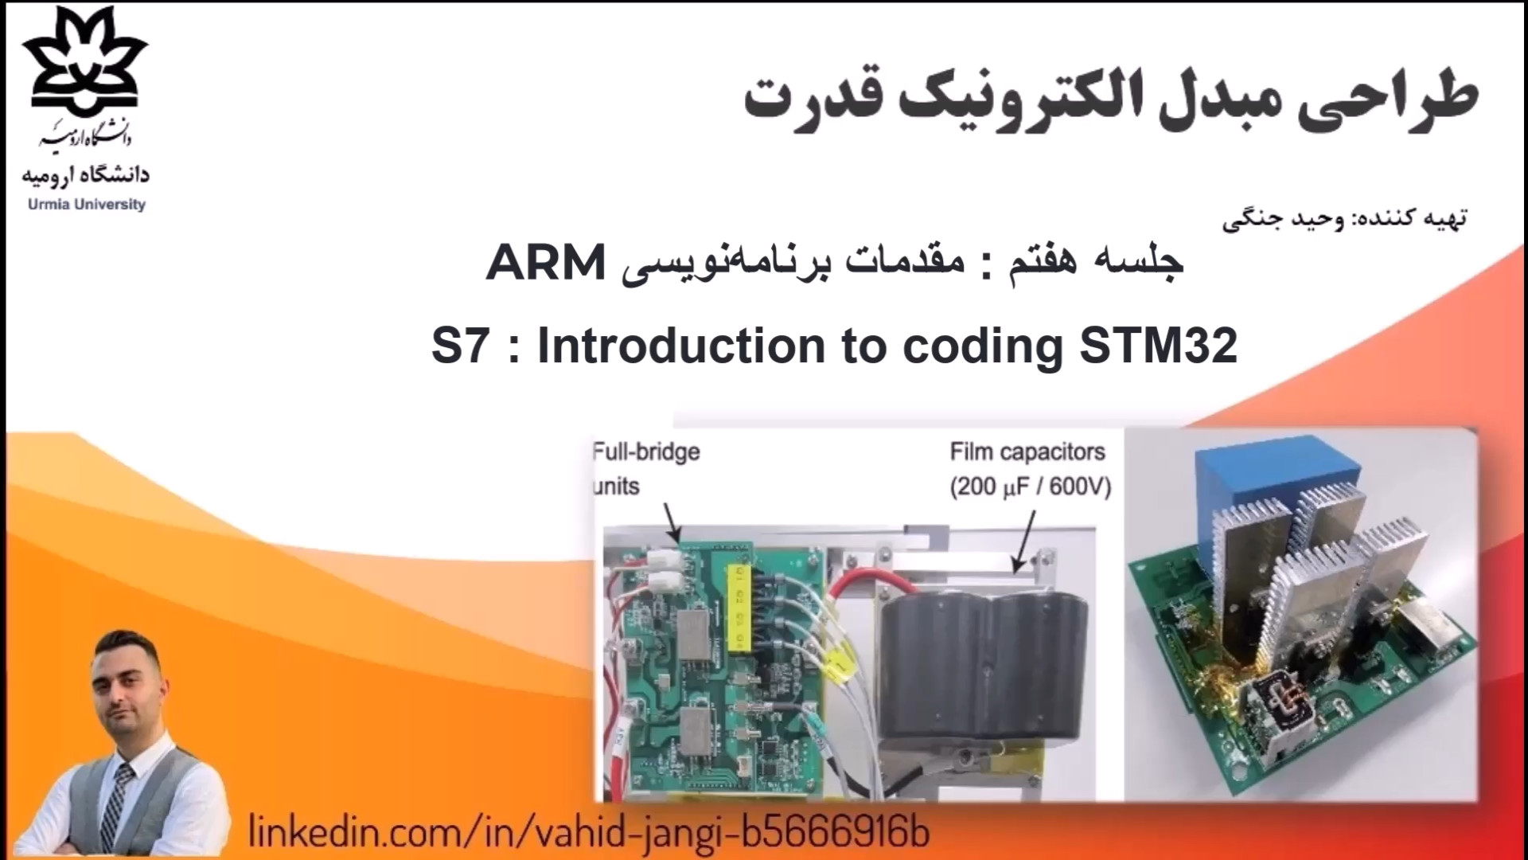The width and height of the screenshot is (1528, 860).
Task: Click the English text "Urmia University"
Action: pos(87,205)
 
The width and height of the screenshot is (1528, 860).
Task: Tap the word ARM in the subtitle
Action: pos(546,262)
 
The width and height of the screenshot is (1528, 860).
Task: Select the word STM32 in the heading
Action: pos(1158,345)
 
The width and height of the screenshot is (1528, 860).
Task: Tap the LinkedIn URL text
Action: pos(589,831)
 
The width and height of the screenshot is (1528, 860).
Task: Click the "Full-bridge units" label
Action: pos(645,468)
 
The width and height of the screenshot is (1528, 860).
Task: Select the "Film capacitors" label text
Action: pos(1027,451)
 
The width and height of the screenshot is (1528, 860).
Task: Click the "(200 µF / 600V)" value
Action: pos(1031,486)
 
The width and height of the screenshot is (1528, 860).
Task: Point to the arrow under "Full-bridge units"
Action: pos(671,522)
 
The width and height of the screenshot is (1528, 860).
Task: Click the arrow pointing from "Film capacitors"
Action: pos(1024,542)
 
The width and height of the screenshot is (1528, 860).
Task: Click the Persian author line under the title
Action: pos(1344,218)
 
